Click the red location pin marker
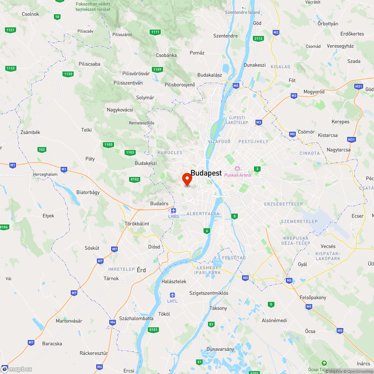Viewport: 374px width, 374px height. pyautogui.click(x=187, y=179)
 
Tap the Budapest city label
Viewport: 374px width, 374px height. pyautogui.click(x=206, y=173)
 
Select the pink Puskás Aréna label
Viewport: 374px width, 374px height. pyautogui.click(x=237, y=175)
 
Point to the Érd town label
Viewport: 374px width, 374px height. pyautogui.click(x=141, y=270)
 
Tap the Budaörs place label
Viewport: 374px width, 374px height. pyautogui.click(x=159, y=203)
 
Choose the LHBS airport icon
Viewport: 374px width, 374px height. pyautogui.click(x=174, y=211)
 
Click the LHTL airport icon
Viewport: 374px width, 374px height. pyautogui.click(x=172, y=295)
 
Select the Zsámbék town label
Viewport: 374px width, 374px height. pyautogui.click(x=31, y=132)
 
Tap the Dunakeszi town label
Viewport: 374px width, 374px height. pyautogui.click(x=255, y=65)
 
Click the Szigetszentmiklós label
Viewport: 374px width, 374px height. pyautogui.click(x=209, y=293)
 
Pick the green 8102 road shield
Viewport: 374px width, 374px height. pyautogui.click(x=135, y=180)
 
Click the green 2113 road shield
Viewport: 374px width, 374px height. pyautogui.click(x=258, y=39)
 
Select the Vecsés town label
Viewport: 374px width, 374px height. pyautogui.click(x=328, y=246)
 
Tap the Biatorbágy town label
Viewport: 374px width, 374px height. pyautogui.click(x=88, y=192)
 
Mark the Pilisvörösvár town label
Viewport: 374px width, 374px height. pyautogui.click(x=136, y=74)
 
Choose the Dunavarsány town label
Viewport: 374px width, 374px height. pyautogui.click(x=220, y=349)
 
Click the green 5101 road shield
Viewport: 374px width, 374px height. pyautogui.click(x=153, y=329)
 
